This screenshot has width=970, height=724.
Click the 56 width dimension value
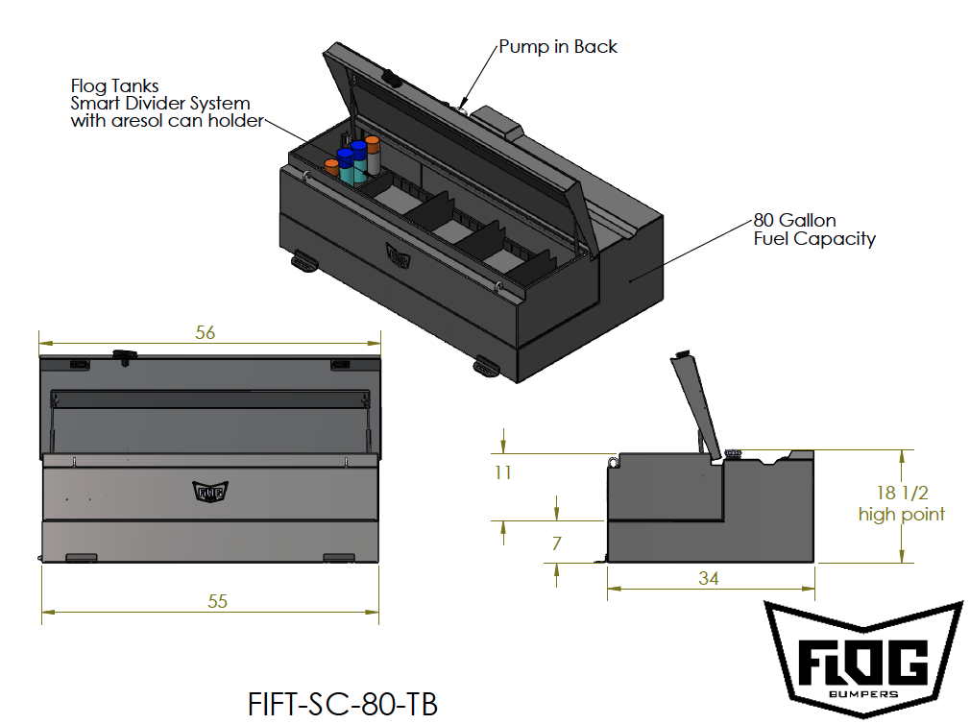[x=205, y=332]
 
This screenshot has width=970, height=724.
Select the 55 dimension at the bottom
[x=218, y=601]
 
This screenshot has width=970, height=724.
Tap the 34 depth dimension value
[x=709, y=578]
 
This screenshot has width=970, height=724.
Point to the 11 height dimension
[x=502, y=472]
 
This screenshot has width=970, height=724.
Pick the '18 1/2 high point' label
[x=901, y=504]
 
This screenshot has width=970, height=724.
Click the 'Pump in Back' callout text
[x=558, y=46]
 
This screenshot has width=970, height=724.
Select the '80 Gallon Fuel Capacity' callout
[x=813, y=229]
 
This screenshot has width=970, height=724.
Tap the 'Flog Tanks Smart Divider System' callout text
[x=160, y=103]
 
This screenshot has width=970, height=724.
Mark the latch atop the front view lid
[x=124, y=356]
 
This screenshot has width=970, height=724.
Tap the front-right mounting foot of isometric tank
[x=486, y=366]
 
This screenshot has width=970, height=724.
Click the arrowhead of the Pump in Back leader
[x=464, y=105]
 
